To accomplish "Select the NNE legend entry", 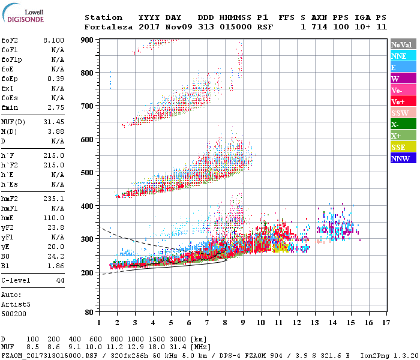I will click(x=403, y=56).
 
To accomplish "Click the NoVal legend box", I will click(x=403, y=44).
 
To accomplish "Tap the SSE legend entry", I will click(x=403, y=147).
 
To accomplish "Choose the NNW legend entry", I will click(x=403, y=158).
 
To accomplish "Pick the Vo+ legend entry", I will click(x=403, y=101).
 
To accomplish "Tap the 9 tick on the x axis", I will click(x=242, y=323).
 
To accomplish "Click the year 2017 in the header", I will click(x=148, y=27).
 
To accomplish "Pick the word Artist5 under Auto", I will click(x=16, y=304).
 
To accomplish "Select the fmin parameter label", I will click(x=10, y=107).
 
